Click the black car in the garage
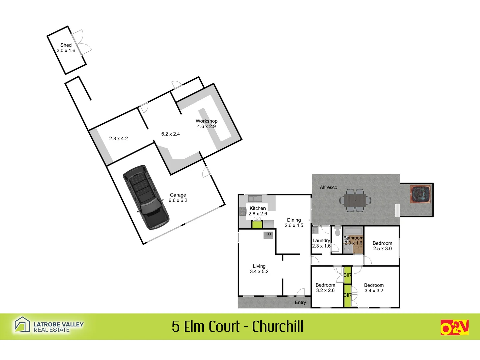pos(146,196)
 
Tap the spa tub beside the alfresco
pos(421,194)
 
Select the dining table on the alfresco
pos(355,200)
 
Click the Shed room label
pos(66,48)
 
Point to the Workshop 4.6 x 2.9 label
pos(206,124)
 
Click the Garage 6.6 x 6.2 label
pos(178,198)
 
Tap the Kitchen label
pos(258,208)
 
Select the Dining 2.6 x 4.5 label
pos(294,223)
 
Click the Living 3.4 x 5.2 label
pos(259,269)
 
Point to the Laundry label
pos(321,241)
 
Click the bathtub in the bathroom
pos(353,231)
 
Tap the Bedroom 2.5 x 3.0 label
pos(382,246)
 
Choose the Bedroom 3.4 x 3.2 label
pos(374,288)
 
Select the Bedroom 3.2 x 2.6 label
pos(325,288)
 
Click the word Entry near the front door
pos(300,302)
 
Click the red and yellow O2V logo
pos(454,327)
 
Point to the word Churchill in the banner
pos(278,327)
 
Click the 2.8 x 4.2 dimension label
pos(118,138)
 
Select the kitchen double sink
pos(255,199)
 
